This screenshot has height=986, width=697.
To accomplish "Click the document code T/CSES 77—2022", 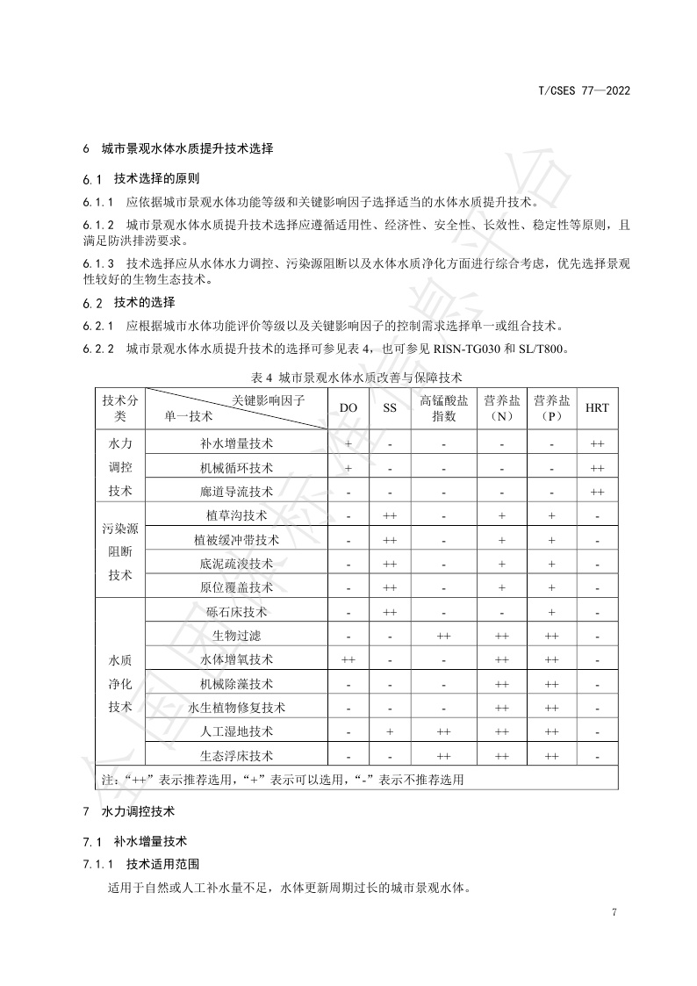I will click(x=584, y=90).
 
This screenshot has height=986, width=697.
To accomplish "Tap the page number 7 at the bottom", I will click(x=614, y=912).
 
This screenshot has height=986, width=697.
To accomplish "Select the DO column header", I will click(x=348, y=408).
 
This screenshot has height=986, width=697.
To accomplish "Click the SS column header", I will click(x=390, y=408).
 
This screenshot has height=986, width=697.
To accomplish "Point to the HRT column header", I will click(x=597, y=408).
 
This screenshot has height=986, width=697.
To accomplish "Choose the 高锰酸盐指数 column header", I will click(x=444, y=408).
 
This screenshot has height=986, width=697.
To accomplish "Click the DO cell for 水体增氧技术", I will click(x=348, y=659).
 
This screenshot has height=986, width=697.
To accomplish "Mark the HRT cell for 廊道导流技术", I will click(x=597, y=492).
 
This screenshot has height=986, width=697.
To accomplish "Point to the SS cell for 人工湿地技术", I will click(x=390, y=731).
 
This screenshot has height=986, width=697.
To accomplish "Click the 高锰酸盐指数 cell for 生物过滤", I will click(x=444, y=636).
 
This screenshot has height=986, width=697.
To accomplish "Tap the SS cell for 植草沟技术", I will click(x=390, y=516).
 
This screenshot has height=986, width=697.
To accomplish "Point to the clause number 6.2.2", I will click(x=99, y=349).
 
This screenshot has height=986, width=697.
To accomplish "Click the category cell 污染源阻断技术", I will click(x=120, y=552).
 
